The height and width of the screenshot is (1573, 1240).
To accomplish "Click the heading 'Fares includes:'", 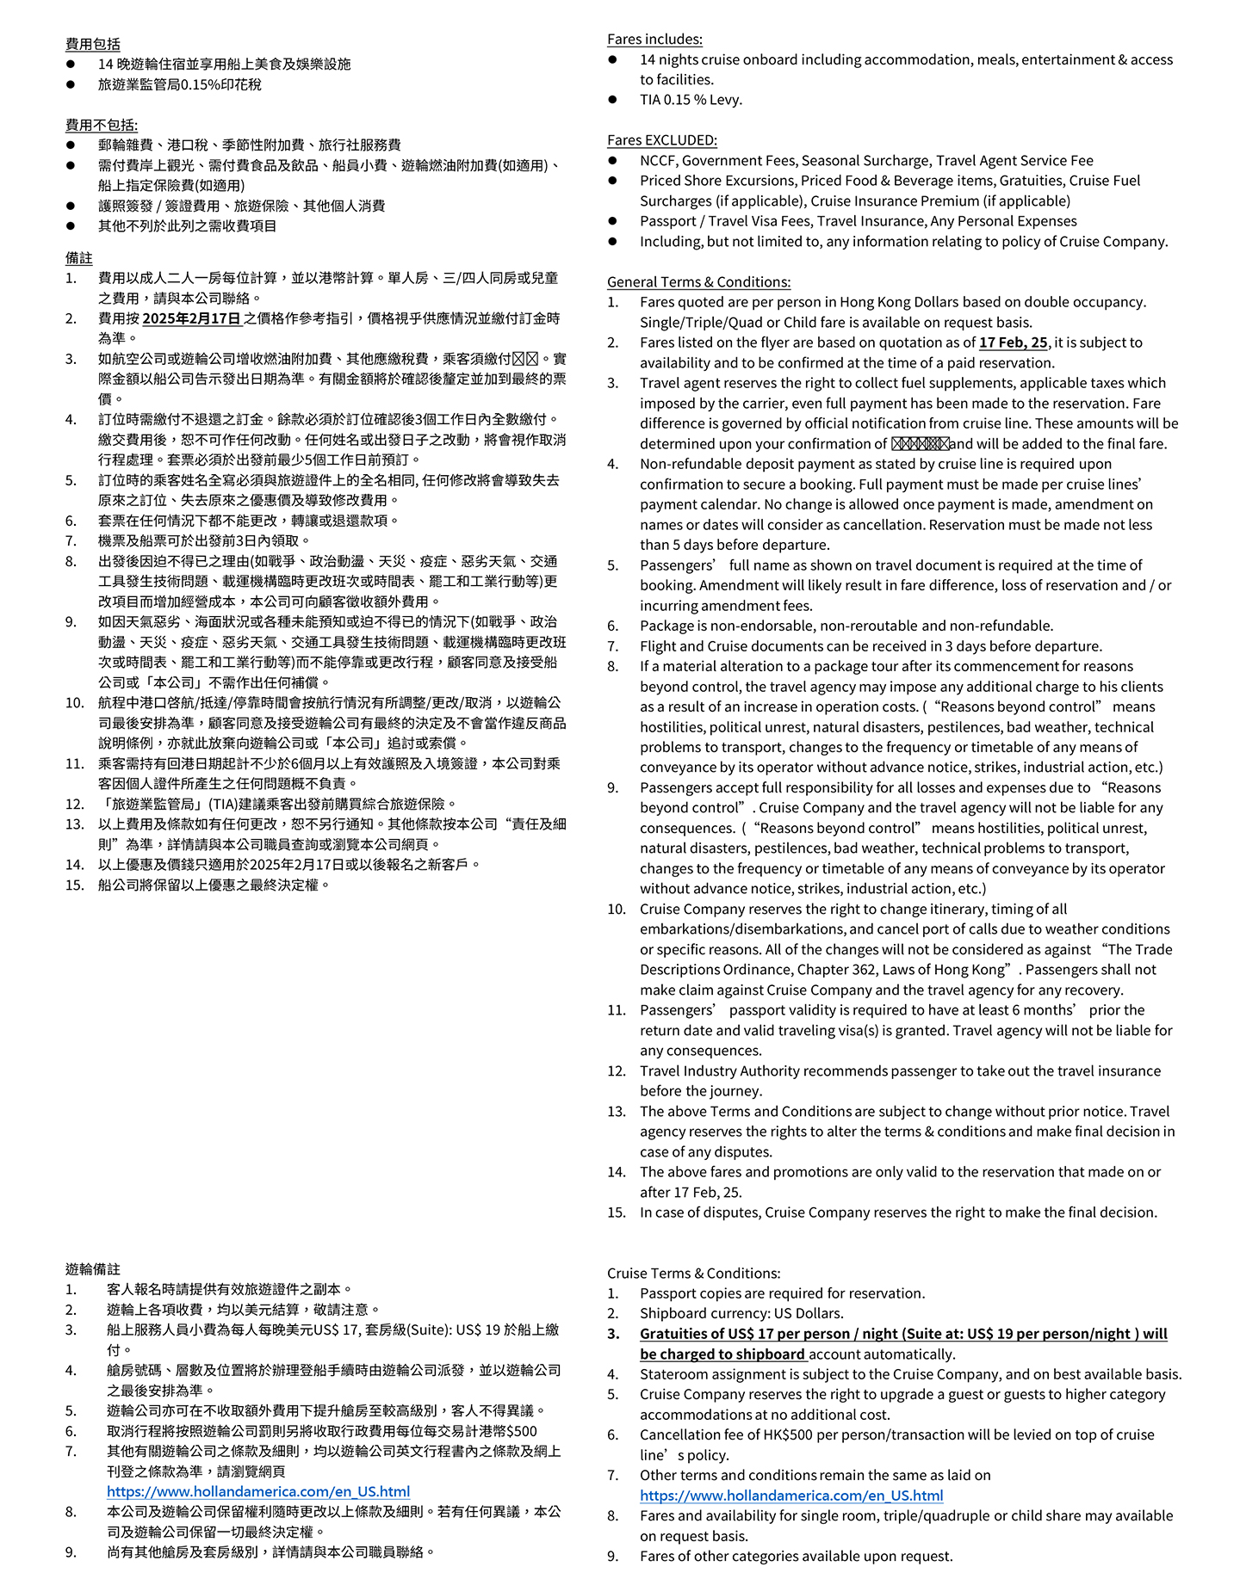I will click(x=654, y=40).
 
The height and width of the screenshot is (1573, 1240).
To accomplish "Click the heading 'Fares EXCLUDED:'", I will click(x=661, y=140).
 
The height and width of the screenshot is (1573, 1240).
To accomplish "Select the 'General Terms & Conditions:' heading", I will click(x=698, y=282).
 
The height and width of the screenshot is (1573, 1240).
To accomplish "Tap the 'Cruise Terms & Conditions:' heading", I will click(x=693, y=1274).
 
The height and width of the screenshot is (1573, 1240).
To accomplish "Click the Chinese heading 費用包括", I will click(x=93, y=45).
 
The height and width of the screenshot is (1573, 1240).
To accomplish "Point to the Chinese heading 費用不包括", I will click(x=102, y=126).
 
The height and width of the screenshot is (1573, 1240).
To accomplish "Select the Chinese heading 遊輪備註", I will click(x=93, y=1269).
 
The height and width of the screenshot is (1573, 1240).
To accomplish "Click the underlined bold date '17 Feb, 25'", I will click(x=1014, y=342).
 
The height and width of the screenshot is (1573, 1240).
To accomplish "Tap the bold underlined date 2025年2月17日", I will click(x=191, y=318).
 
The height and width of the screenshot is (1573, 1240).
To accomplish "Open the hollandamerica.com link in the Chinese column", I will click(x=258, y=1491).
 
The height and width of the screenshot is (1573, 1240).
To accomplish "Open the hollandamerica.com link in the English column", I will click(x=791, y=1496).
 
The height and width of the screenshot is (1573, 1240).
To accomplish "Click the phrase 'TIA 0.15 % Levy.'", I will click(x=691, y=100).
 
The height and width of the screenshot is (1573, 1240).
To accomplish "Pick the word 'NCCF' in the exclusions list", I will click(x=657, y=161).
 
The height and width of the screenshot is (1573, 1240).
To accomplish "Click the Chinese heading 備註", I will click(x=79, y=258).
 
